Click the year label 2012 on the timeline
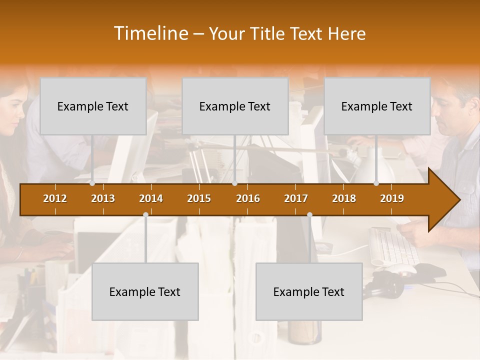click(55, 198)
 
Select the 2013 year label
click(103, 198)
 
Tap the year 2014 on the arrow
click(151, 198)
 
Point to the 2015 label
click(199, 198)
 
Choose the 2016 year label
click(248, 198)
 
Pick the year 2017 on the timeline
click(296, 198)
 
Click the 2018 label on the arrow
click(344, 198)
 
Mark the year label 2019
click(392, 198)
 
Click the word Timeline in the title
click(150, 33)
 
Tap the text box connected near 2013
click(93, 106)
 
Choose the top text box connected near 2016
click(235, 106)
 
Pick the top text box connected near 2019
click(377, 106)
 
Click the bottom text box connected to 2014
click(145, 291)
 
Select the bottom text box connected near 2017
click(309, 291)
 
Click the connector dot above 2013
click(92, 183)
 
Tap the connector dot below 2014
click(145, 215)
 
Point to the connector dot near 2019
click(376, 183)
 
